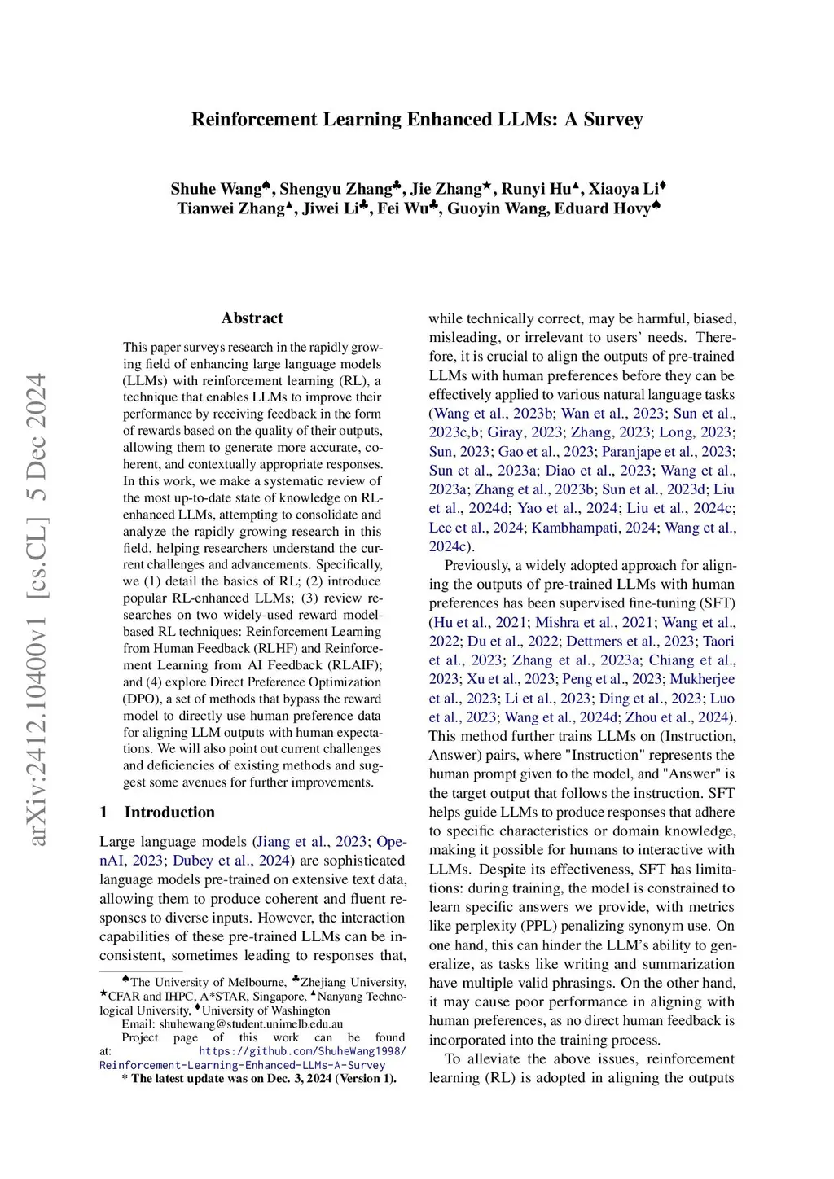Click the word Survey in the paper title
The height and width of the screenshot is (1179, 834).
[x=612, y=120]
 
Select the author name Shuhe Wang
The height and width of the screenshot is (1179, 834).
[x=216, y=190]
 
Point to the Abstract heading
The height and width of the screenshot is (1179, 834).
[x=252, y=318]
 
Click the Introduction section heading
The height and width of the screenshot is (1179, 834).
[x=169, y=812]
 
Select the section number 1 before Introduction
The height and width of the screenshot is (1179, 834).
[x=103, y=812]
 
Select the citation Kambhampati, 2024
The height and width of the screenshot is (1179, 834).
[x=594, y=528]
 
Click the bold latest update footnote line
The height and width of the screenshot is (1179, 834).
[x=259, y=1079]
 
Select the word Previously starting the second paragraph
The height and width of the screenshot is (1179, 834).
[x=476, y=565]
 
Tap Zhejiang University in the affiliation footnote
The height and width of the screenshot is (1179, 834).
[x=353, y=983]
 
